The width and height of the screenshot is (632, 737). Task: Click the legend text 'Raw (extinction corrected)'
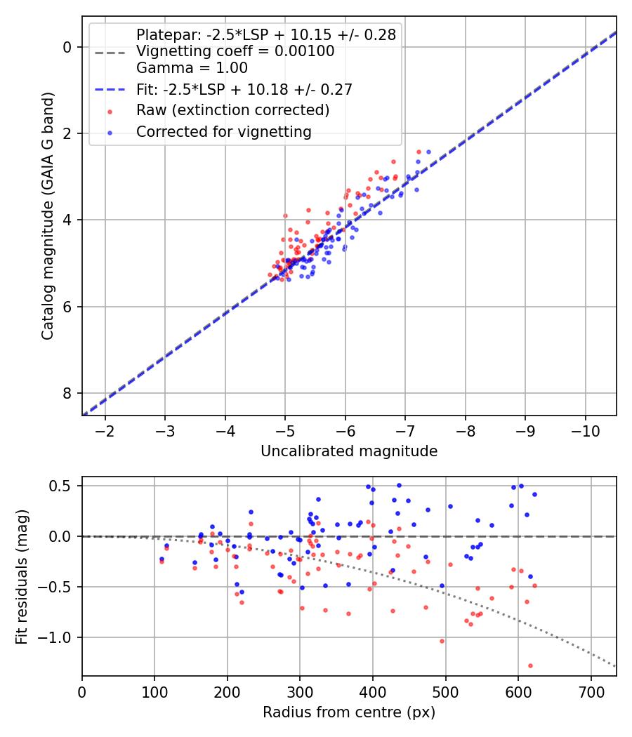coord(232,110)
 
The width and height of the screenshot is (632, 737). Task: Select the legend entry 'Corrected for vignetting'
coord(223,131)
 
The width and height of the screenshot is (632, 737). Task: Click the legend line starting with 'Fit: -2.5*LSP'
coord(244,89)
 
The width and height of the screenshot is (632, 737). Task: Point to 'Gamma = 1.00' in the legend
coord(192,68)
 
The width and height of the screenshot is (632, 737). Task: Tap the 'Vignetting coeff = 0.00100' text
coord(235,51)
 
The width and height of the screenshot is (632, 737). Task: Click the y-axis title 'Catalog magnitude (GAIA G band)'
coord(48,220)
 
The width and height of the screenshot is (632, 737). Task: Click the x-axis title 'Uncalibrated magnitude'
coord(349,451)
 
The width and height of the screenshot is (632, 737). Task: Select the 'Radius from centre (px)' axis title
coord(349,712)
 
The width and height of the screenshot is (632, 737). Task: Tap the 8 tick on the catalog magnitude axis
coord(67,393)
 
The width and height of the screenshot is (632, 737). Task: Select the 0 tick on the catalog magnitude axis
coord(67,47)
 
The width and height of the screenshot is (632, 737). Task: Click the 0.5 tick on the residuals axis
coord(65,486)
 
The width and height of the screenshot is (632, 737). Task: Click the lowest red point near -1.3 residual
coord(530,665)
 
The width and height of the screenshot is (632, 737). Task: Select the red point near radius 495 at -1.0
coord(442,641)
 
